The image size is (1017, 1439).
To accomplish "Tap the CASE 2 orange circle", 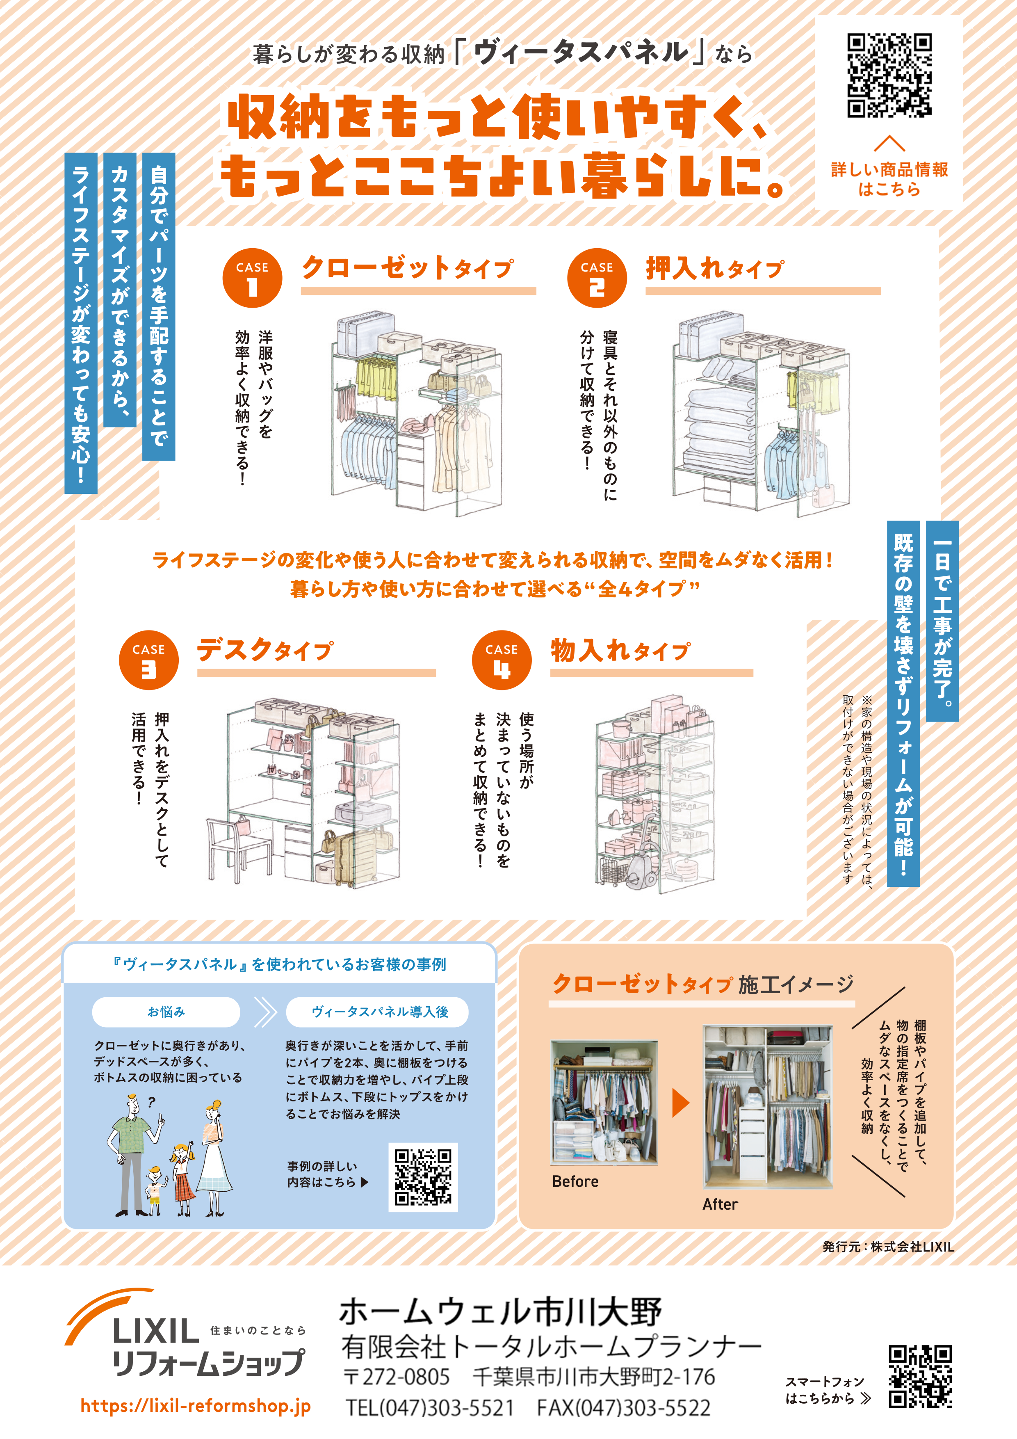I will coord(597,278).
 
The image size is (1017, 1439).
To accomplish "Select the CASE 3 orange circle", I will coord(148,660).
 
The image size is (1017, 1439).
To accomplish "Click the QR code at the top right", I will coord(889,76).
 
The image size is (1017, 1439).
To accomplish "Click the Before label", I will coord(575,1181).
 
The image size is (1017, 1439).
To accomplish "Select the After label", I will coord(720,1204).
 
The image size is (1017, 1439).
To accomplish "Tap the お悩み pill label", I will coord(166,1012).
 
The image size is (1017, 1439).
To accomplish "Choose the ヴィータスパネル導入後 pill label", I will coord(380,1012).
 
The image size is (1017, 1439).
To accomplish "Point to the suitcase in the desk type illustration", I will coord(354,856).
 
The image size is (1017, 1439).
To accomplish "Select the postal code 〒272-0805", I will coord(397,1376).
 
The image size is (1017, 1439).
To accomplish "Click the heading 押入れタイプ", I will coord(714,269).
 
